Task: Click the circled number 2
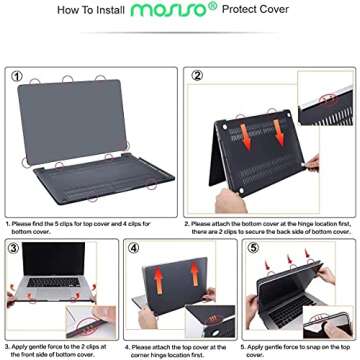click(196, 74)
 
